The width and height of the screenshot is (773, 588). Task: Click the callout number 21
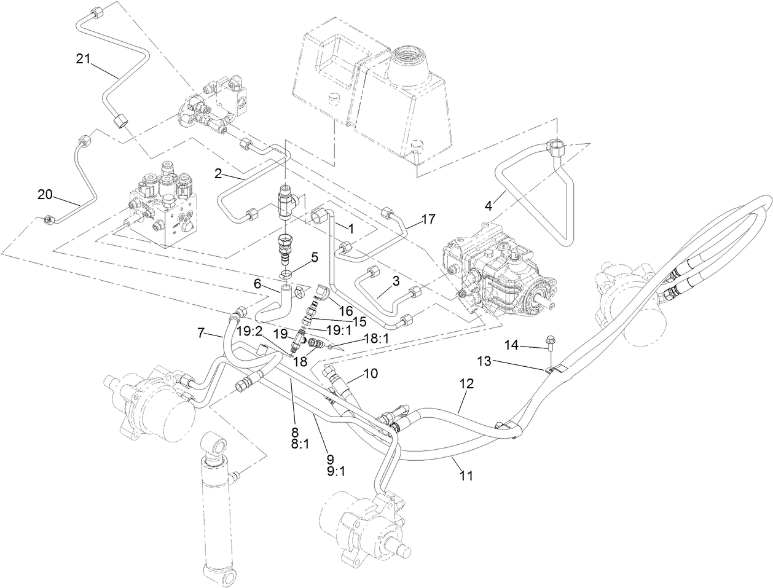(x=84, y=59)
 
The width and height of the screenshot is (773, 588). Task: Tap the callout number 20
(x=45, y=195)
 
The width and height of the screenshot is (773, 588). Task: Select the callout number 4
(x=489, y=206)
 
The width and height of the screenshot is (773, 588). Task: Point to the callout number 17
(x=427, y=218)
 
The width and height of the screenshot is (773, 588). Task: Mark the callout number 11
(x=466, y=475)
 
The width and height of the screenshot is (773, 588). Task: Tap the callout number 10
(x=371, y=372)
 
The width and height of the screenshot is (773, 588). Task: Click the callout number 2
(x=218, y=174)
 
